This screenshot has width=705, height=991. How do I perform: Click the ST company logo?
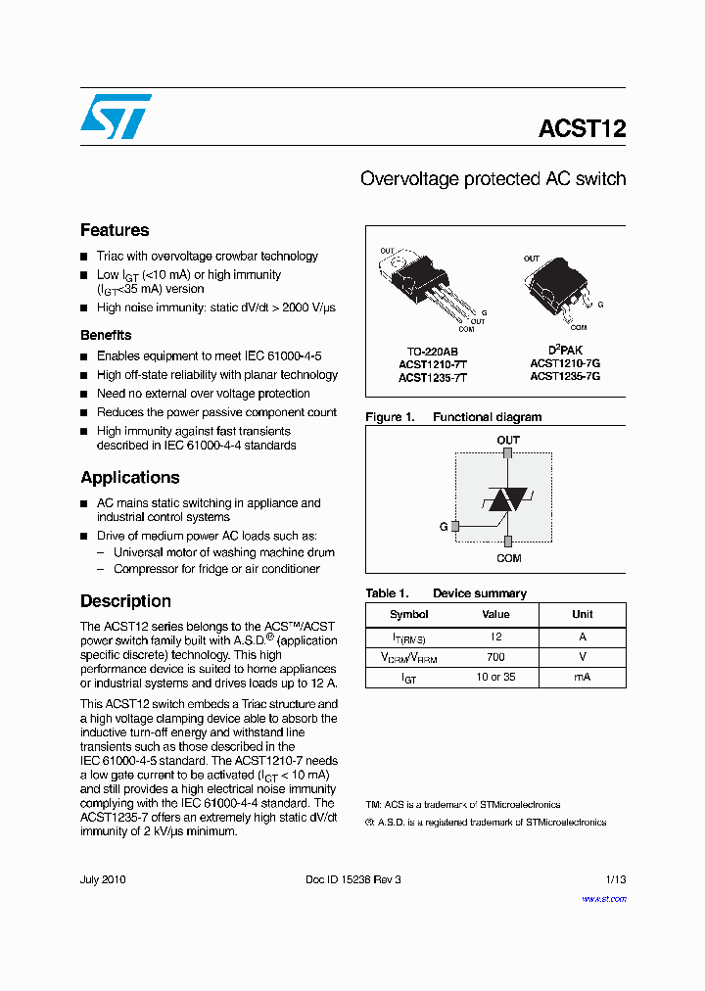[x=116, y=117]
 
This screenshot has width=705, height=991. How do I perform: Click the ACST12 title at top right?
[x=582, y=129]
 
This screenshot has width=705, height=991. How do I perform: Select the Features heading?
[x=115, y=230]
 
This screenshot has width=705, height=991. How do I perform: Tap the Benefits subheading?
[x=106, y=335]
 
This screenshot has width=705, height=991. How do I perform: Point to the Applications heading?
[x=129, y=478]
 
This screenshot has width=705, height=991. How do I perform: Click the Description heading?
[x=125, y=601]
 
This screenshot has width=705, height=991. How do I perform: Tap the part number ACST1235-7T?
[x=432, y=377]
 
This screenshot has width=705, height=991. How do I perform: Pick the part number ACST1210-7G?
[x=565, y=362]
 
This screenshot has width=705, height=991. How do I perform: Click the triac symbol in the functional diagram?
[x=507, y=498]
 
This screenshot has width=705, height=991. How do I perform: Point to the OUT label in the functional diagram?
[x=508, y=440]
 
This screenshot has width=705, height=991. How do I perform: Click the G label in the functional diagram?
[x=443, y=527]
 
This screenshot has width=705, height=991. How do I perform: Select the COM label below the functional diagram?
[x=508, y=558]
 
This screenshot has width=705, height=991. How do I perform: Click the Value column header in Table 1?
[x=495, y=614]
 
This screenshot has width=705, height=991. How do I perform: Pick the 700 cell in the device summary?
[x=495, y=657]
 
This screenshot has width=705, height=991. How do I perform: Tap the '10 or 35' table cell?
[x=495, y=677]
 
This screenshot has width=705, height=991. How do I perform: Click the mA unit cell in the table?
[x=582, y=677]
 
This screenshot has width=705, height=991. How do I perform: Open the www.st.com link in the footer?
[x=603, y=898]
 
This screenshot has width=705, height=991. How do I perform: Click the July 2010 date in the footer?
[x=103, y=879]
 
